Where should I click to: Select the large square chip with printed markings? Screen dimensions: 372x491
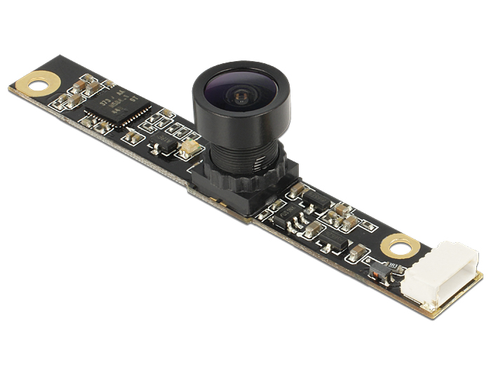click(x=117, y=107)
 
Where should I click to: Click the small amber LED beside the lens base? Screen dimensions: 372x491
click(x=188, y=148)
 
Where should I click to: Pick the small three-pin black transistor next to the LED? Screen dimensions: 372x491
click(x=163, y=145)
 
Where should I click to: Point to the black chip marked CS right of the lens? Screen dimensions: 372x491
click(x=281, y=204)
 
